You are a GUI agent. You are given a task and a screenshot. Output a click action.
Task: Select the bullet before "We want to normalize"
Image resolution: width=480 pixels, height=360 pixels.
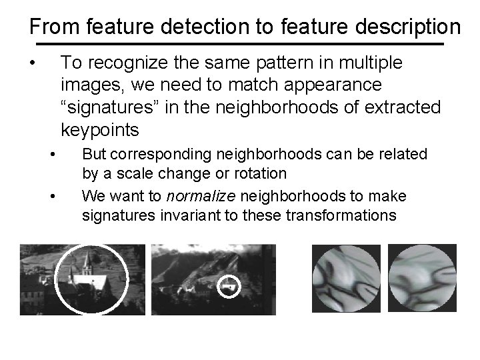pos(53,197)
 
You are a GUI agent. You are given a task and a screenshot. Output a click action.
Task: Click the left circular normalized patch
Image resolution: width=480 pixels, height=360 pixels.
pos(347,279)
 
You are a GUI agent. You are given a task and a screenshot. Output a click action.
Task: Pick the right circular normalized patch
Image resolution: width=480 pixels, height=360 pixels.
pos(421,279)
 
